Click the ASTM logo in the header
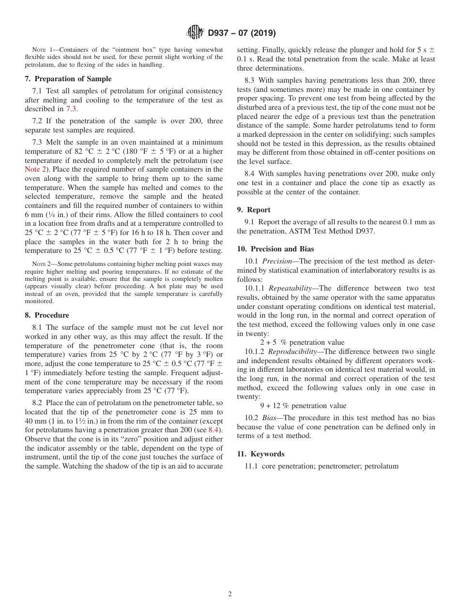coord(195,33)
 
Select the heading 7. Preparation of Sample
coord(68,79)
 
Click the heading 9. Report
coord(254,210)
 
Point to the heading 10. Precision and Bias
coord(276,249)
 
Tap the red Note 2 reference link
coord(34,170)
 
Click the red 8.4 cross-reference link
coord(214,430)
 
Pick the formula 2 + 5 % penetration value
coord(302,343)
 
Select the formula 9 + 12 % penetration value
coord(303,406)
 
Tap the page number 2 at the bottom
coord(230,594)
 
